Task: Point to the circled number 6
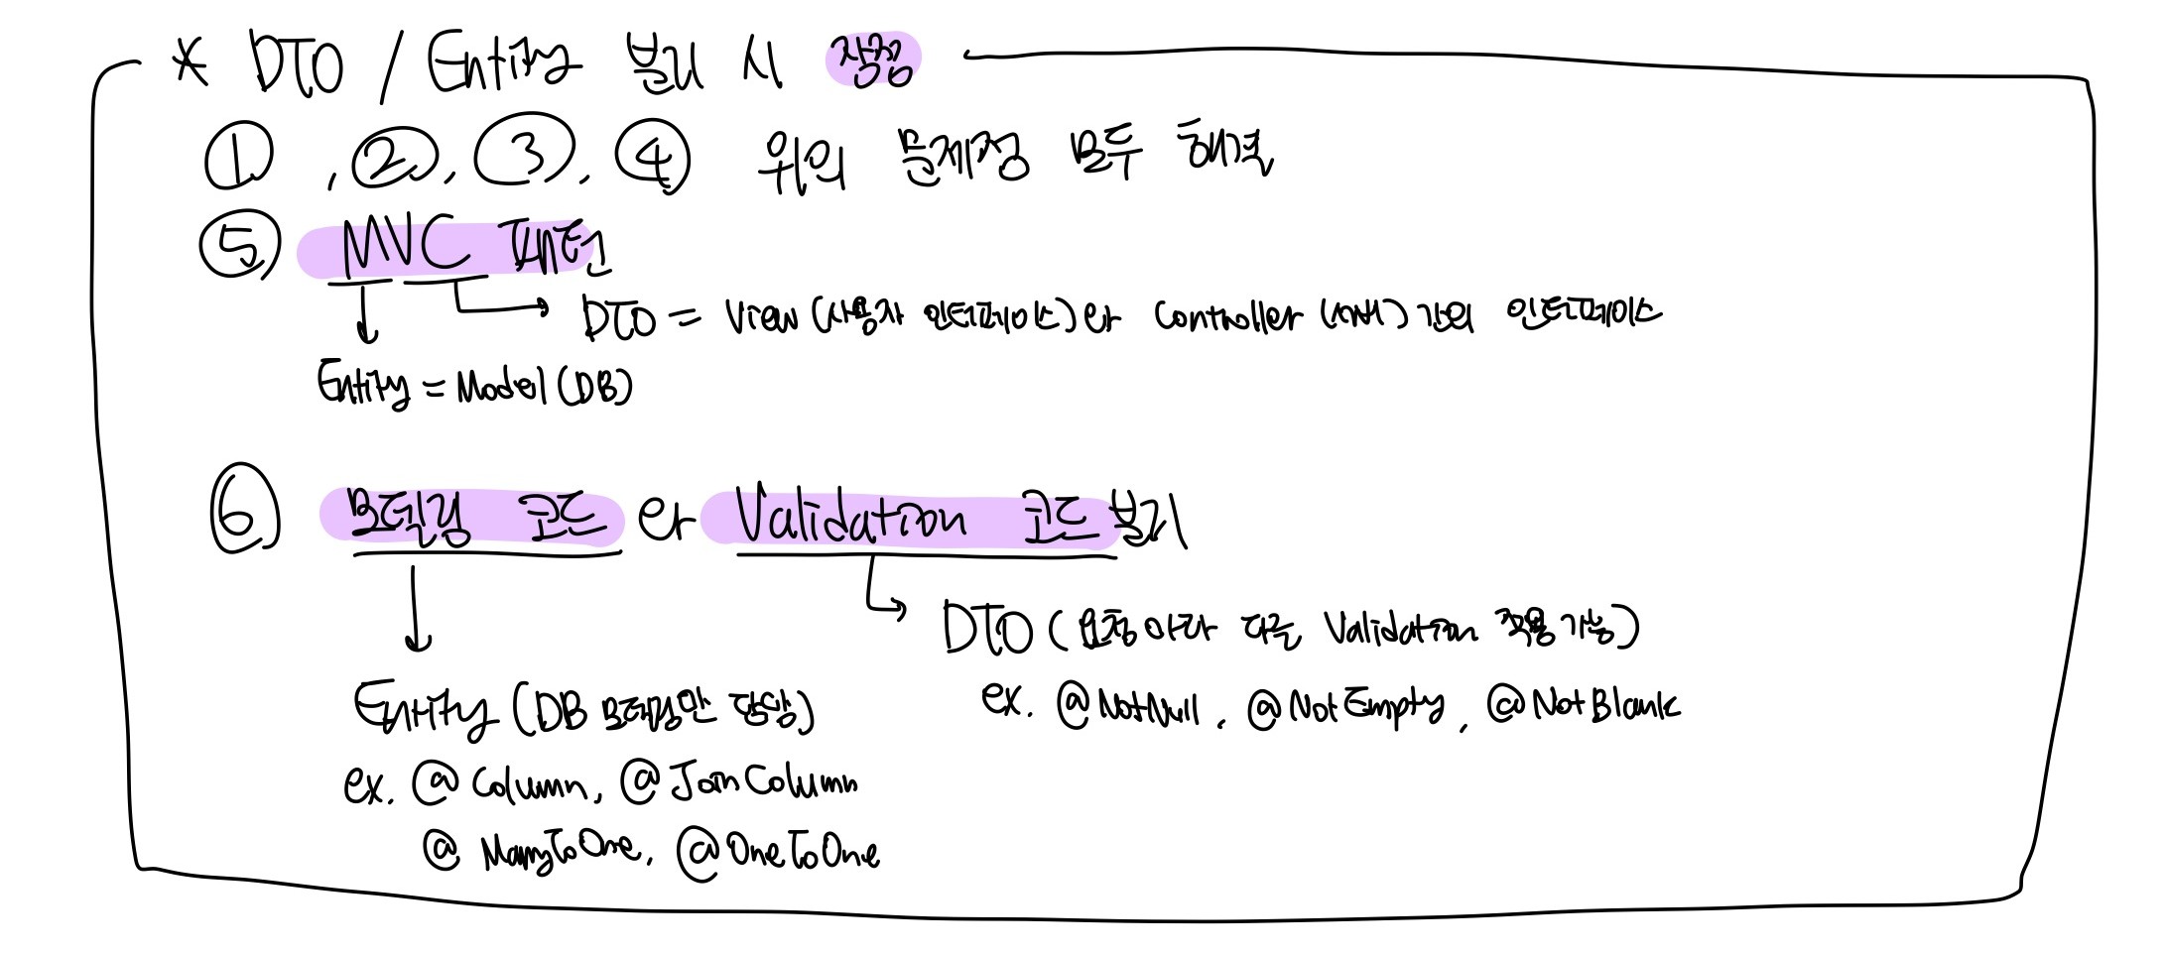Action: click(243, 512)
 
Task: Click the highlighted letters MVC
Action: click(405, 247)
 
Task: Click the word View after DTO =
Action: click(761, 317)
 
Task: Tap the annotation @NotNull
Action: click(1129, 707)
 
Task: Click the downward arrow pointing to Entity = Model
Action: click(366, 311)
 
